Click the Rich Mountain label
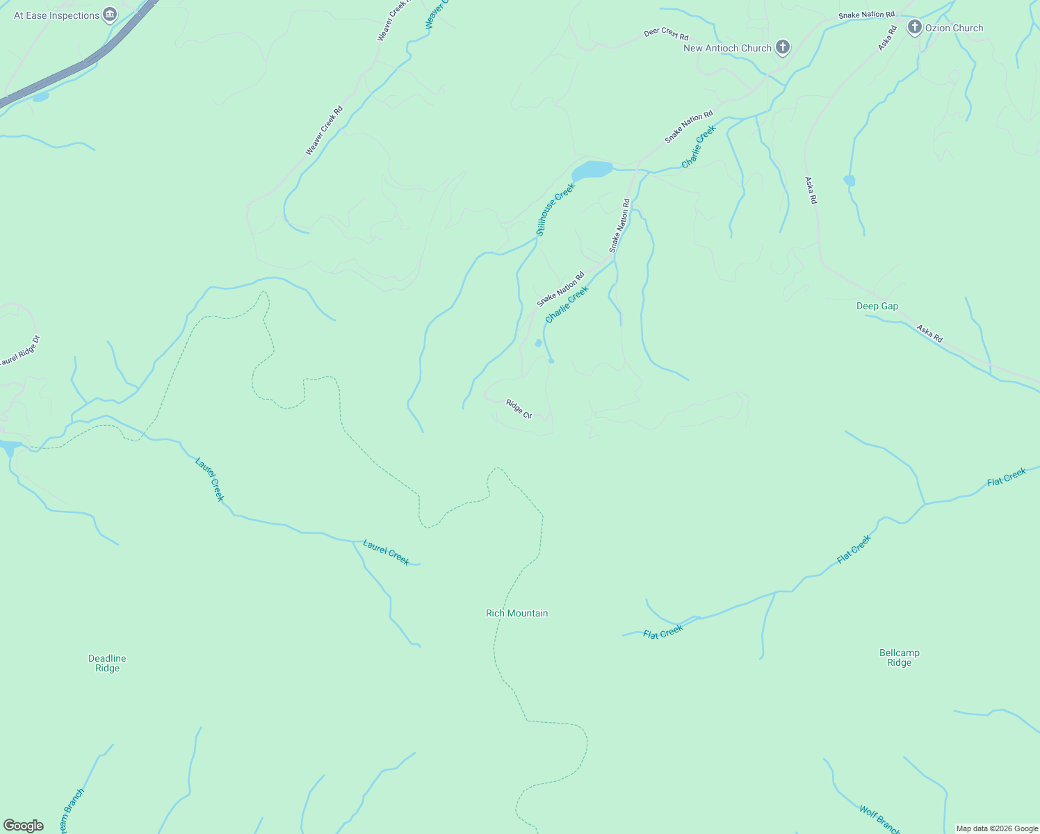click(x=517, y=613)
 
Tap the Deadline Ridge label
click(x=107, y=663)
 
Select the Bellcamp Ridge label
click(x=899, y=657)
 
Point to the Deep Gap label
click(x=877, y=306)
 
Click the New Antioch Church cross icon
click(x=783, y=47)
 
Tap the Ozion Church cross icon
click(x=914, y=28)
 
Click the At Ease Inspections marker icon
click(x=109, y=15)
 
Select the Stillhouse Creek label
click(x=555, y=208)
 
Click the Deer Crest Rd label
click(x=665, y=34)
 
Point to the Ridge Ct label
click(x=519, y=408)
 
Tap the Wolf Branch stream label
click(x=879, y=819)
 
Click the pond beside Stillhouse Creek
click(x=592, y=170)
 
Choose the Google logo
click(x=24, y=825)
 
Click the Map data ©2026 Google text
click(x=996, y=828)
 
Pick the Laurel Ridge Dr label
click(x=19, y=352)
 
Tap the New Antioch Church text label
click(x=727, y=48)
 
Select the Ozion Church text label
click(x=954, y=28)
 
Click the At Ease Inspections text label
click(x=56, y=15)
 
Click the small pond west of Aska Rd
click(x=849, y=181)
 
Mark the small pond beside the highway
click(x=40, y=97)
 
